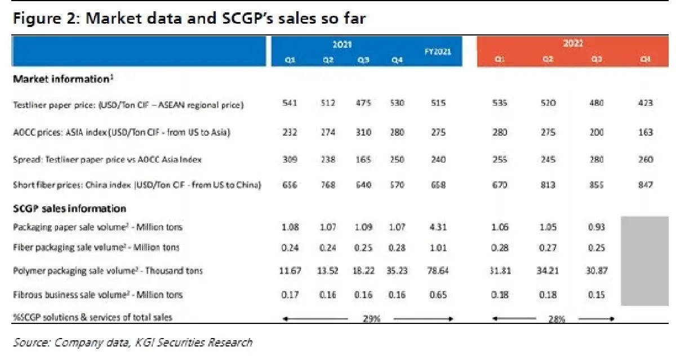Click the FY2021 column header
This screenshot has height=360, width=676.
[x=438, y=51]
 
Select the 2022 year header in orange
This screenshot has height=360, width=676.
[x=572, y=43]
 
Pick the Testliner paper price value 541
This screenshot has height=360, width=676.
[x=290, y=103]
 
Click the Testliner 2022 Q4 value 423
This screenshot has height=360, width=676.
[x=646, y=103]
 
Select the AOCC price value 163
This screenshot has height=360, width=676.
[x=646, y=132]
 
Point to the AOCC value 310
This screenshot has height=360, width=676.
[x=364, y=132]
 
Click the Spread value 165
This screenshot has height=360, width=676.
[x=364, y=159]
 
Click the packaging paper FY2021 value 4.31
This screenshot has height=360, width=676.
[x=438, y=227]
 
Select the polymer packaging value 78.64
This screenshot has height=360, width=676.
[x=438, y=271]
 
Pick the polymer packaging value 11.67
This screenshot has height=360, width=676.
[x=290, y=271]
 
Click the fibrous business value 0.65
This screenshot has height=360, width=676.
[x=438, y=295]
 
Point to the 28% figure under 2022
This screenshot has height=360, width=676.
[x=556, y=319]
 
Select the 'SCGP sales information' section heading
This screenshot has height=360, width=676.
[x=69, y=208]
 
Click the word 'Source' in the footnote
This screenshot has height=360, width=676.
[x=32, y=343]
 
